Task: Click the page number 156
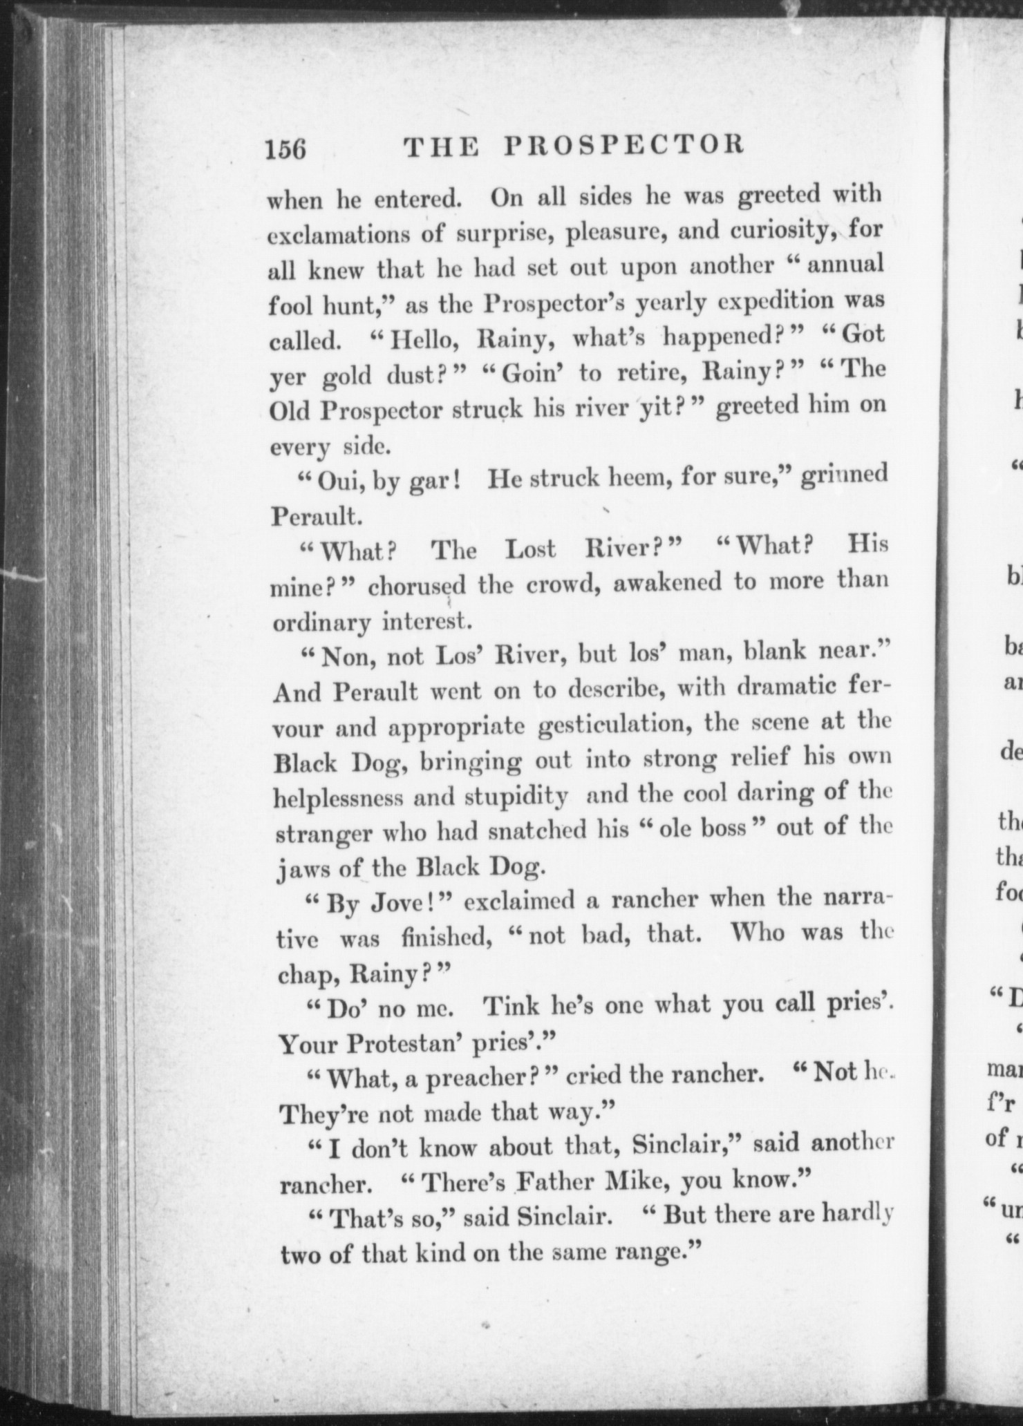pos(286,148)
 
